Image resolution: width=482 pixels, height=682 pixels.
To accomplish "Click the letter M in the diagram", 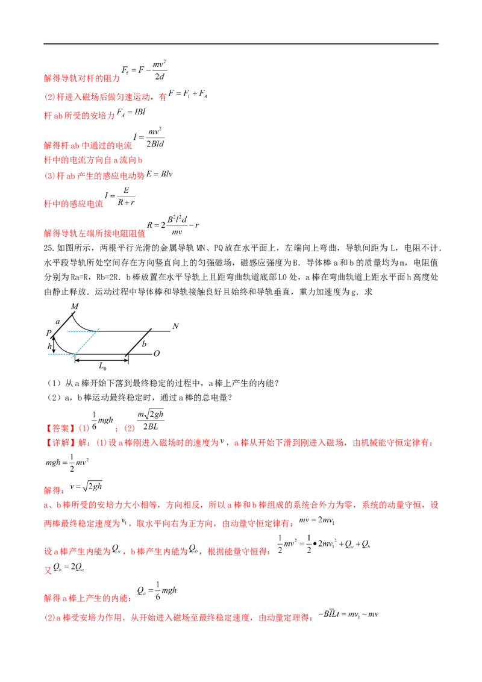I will [x=75, y=307].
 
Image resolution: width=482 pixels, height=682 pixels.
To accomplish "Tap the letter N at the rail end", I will [x=175, y=327].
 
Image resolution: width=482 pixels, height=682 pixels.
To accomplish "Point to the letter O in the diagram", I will [x=157, y=355].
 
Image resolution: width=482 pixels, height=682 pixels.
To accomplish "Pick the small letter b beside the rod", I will [x=145, y=344].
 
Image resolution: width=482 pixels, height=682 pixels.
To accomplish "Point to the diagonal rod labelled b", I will [x=137, y=343].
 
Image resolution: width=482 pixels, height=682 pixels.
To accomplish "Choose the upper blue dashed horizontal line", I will [x=75, y=331].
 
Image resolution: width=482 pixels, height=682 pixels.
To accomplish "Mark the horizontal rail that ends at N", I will [x=133, y=329].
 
